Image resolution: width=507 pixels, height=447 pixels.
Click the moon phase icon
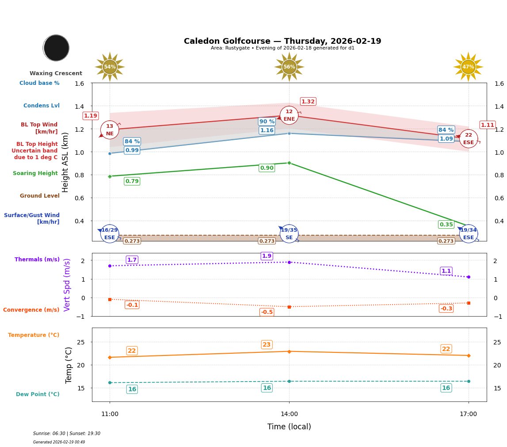pyautogui.click(x=56, y=48)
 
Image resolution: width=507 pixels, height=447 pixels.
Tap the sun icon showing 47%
pyautogui.click(x=468, y=67)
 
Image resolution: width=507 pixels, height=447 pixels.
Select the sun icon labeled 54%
pyautogui.click(x=110, y=67)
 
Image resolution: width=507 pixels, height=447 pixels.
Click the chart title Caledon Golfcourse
pyautogui.click(x=282, y=41)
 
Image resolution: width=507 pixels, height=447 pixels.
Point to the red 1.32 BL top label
pyautogui.click(x=308, y=102)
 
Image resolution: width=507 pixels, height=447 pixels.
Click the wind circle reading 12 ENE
pyautogui.click(x=289, y=115)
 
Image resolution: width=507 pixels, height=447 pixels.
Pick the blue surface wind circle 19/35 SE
pyautogui.click(x=289, y=234)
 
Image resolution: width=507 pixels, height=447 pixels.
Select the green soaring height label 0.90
pyautogui.click(x=267, y=168)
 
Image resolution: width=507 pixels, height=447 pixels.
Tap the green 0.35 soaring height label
pyautogui.click(x=446, y=225)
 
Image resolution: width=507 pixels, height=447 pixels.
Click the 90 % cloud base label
pyautogui.click(x=267, y=122)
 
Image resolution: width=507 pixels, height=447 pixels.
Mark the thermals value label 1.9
pyautogui.click(x=267, y=256)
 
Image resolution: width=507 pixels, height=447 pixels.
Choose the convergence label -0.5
pyautogui.click(x=267, y=312)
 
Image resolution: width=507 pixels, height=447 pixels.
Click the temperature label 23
pyautogui.click(x=267, y=345)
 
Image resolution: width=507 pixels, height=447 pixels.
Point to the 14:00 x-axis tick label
pyautogui.click(x=289, y=414)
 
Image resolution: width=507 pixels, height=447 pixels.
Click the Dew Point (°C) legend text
pyautogui.click(x=38, y=394)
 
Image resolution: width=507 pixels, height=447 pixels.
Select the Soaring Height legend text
pyautogui.click(x=35, y=173)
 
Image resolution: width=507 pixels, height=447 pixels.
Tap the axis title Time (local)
pyautogui.click(x=289, y=427)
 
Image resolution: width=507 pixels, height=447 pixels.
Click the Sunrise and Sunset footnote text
pyautogui.click(x=67, y=434)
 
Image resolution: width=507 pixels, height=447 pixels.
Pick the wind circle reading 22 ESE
pyautogui.click(x=468, y=138)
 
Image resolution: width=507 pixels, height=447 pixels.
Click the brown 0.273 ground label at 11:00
pyautogui.click(x=132, y=241)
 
